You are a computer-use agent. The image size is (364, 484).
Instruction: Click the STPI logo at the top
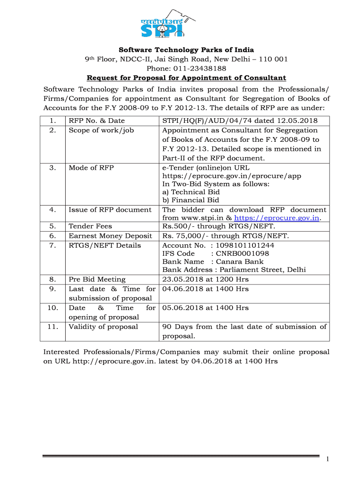(x=168, y=25)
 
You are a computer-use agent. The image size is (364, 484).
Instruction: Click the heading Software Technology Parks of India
(x=186, y=50)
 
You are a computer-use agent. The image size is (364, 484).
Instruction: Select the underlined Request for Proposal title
(x=186, y=78)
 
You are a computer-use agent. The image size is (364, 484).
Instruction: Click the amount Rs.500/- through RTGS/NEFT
(x=218, y=226)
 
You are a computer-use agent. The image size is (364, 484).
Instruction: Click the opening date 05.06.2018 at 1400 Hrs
(x=205, y=308)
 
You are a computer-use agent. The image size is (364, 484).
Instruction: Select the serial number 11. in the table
(x=53, y=327)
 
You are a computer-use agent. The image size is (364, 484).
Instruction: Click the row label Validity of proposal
(x=104, y=327)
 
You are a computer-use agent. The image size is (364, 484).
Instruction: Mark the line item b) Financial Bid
(x=191, y=200)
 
